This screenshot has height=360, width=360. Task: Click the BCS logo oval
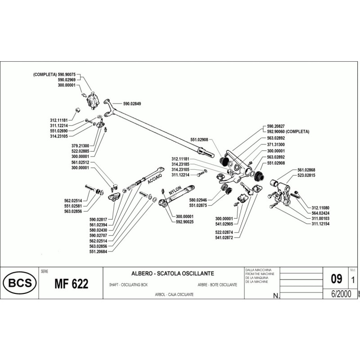(x=17, y=284)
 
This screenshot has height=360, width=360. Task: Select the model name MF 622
(x=71, y=284)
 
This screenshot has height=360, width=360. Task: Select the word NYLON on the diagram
(x=175, y=192)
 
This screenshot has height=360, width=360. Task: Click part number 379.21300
(x=79, y=146)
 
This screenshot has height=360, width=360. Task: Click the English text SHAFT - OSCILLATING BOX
(x=128, y=285)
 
